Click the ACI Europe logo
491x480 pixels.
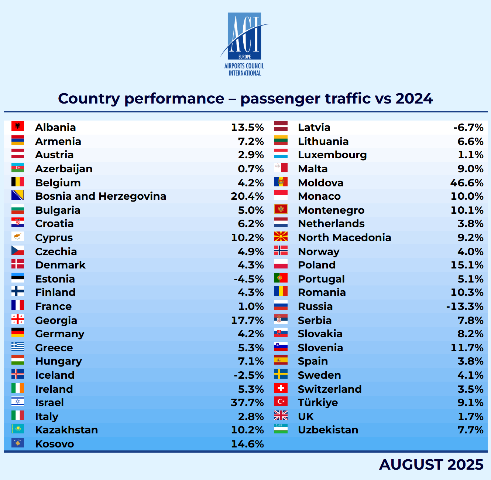click(x=244, y=44)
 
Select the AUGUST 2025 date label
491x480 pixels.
click(x=431, y=465)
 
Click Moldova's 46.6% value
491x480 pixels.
click(x=467, y=183)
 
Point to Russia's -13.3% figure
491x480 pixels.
click(x=464, y=306)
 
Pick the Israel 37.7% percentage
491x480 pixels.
click(x=247, y=402)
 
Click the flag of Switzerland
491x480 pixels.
click(x=281, y=388)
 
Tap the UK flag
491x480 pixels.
click(x=281, y=416)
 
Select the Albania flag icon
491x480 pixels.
click(x=18, y=126)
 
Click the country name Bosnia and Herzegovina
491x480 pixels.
click(x=100, y=196)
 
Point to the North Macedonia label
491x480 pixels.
click(x=344, y=237)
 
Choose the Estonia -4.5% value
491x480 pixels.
click(x=249, y=279)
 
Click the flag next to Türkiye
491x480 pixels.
click(x=281, y=402)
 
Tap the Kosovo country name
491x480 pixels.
click(x=55, y=444)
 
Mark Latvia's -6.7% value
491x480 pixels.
click(x=468, y=127)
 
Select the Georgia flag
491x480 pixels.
click(x=18, y=320)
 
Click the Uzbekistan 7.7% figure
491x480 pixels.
click(x=470, y=430)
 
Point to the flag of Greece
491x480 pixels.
click(x=18, y=347)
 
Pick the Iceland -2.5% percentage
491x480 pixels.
click(x=249, y=375)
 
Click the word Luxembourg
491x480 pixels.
click(x=332, y=155)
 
